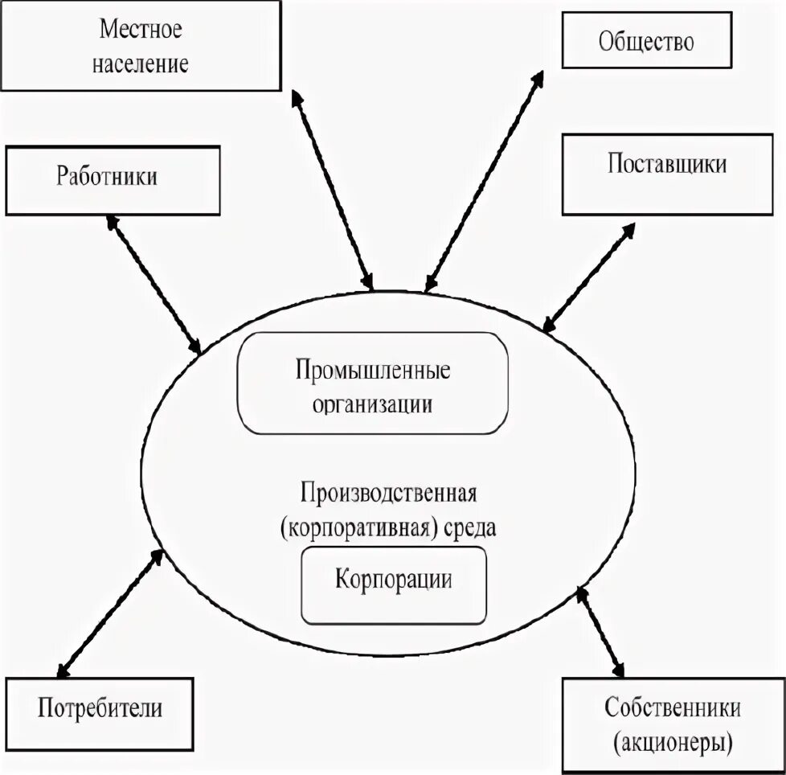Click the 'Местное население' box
(x=141, y=45)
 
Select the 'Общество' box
(x=645, y=40)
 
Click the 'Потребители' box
(x=100, y=708)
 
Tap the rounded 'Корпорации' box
(x=393, y=584)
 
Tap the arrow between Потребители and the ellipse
(x=109, y=612)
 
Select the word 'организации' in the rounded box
(x=373, y=404)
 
